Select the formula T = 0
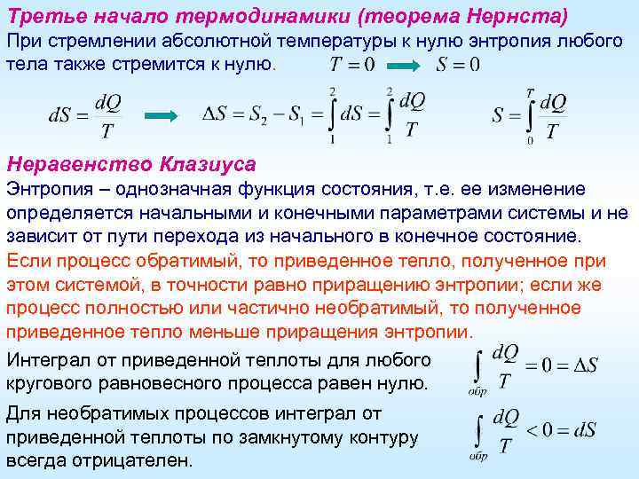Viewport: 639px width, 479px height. (351, 65)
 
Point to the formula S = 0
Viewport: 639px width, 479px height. (458, 65)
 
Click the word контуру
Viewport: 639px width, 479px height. (374, 437)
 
